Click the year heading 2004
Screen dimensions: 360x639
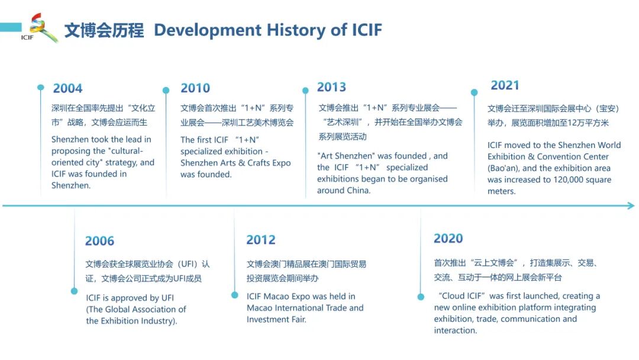(67, 89)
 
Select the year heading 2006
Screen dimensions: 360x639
(99, 241)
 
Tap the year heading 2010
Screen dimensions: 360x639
(195, 88)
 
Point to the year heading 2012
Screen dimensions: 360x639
(261, 240)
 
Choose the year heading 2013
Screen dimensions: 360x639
(331, 87)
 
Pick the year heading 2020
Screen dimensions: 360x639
(448, 239)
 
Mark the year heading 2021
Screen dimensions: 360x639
(505, 85)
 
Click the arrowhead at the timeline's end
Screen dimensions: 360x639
(631, 206)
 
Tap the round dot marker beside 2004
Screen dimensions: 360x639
(40, 88)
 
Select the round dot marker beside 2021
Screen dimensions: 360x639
(474, 92)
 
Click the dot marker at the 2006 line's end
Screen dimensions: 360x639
(74, 291)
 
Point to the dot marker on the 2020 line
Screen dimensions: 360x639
(421, 297)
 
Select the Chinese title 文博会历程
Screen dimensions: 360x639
(104, 30)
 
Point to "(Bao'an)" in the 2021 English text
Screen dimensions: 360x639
(504, 168)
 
